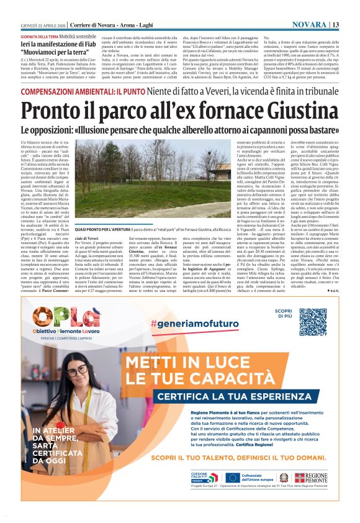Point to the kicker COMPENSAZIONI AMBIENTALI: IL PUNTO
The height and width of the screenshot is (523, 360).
[84, 91]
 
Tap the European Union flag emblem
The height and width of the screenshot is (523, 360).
[233, 495]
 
